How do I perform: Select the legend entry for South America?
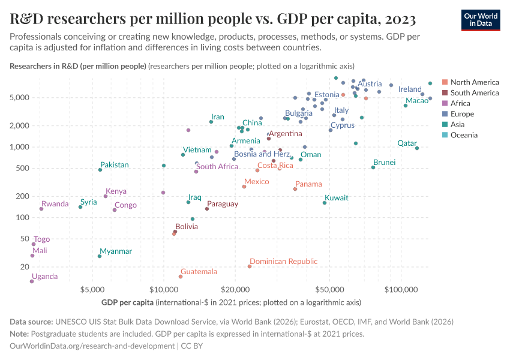pos(474,92)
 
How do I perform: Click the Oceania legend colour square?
pos(444,135)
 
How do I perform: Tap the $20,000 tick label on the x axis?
pos(235,289)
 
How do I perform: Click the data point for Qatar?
pos(417,148)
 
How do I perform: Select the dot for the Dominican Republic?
pos(250,266)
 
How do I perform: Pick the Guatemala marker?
pos(180,277)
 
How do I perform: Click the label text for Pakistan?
pos(114,164)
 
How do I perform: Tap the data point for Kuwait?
pos(325,203)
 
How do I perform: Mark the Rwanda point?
pos(41,209)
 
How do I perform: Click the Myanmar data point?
pos(100,256)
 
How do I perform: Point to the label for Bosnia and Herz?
pos(262,154)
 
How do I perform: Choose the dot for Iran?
pos(211,122)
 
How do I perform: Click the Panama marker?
pos(295,189)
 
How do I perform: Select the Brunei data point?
pos(373,167)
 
